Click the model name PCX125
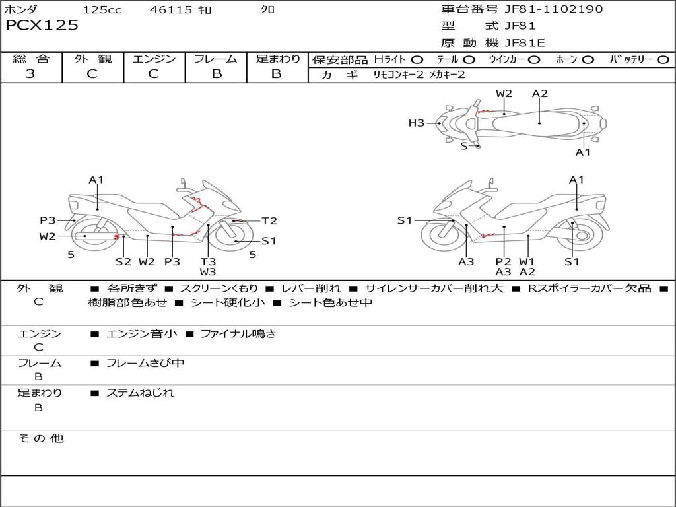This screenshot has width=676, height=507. [x=42, y=26]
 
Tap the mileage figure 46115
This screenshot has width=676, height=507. [x=171, y=9]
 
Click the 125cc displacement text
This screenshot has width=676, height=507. [x=102, y=9]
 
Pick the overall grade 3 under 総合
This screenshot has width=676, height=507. [x=30, y=74]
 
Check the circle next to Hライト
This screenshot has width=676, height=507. [x=417, y=59]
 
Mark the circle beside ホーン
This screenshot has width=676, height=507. [x=588, y=59]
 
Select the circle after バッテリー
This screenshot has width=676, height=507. [x=663, y=59]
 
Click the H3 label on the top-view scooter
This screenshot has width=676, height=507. [x=416, y=123]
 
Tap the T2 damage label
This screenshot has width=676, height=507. [x=269, y=221]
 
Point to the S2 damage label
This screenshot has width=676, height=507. [x=123, y=261]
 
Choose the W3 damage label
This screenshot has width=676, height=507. [x=208, y=271]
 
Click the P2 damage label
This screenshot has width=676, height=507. [x=504, y=261]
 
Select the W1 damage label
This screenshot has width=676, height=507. [x=527, y=261]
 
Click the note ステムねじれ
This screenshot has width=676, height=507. [x=140, y=393]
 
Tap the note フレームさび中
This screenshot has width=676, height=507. [x=145, y=363]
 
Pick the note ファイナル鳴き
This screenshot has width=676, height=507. [x=238, y=334]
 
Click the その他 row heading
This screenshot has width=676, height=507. [x=41, y=438]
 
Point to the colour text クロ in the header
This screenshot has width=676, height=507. [x=268, y=9]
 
